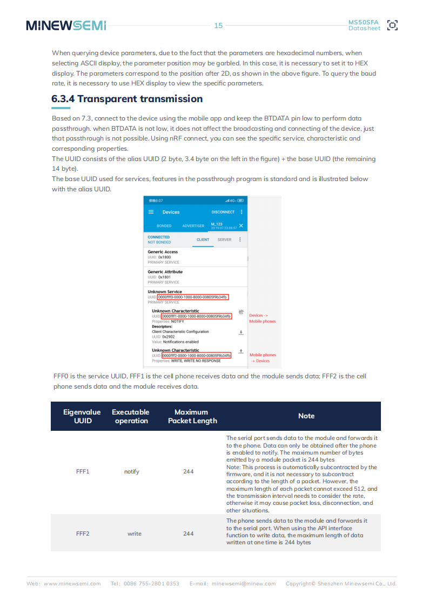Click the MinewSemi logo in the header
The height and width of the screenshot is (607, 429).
(x=66, y=25)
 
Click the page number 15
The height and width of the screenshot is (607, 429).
(x=218, y=25)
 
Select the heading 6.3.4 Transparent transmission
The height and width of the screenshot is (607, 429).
(x=127, y=99)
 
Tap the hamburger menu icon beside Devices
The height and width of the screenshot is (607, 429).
(x=151, y=212)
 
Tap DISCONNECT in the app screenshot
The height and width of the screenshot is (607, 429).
(x=223, y=212)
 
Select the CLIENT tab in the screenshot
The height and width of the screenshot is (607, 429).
(x=203, y=239)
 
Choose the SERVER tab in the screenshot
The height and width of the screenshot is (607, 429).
(x=224, y=239)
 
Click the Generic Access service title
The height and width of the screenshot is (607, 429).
(x=163, y=252)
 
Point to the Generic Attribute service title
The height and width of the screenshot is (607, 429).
(x=165, y=272)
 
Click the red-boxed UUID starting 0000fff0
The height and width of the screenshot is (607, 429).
(x=193, y=297)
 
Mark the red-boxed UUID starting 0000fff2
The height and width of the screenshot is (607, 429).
(x=196, y=355)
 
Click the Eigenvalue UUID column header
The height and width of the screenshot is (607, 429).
(x=82, y=416)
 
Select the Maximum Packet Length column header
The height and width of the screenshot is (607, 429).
(x=192, y=416)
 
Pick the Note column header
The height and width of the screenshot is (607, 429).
(x=306, y=416)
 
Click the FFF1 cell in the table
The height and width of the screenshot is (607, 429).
(x=83, y=471)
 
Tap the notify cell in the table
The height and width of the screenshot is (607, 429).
(x=132, y=471)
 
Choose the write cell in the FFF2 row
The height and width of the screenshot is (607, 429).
(x=135, y=533)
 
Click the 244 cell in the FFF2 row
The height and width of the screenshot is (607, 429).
(x=188, y=533)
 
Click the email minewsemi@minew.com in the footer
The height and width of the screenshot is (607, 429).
(x=243, y=584)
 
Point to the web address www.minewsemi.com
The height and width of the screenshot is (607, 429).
(x=72, y=584)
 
